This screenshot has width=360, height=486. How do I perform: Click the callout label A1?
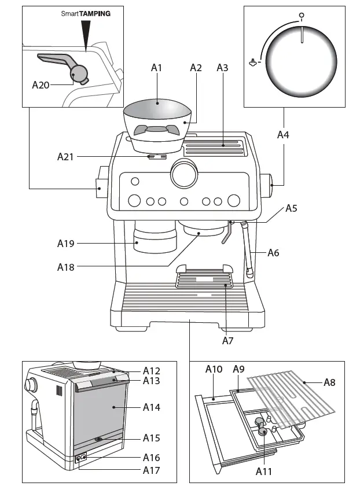(156, 68)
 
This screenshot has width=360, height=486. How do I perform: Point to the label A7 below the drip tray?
(227, 341)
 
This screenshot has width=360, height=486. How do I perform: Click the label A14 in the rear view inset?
(152, 407)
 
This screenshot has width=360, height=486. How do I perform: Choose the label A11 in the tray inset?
(263, 472)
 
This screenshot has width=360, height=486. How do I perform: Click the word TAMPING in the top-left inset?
(95, 13)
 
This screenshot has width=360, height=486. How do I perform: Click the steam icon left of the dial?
(252, 62)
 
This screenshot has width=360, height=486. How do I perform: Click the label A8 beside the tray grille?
(329, 382)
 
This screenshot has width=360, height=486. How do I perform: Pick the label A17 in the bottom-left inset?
(152, 470)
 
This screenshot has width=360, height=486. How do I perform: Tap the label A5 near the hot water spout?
(291, 208)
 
